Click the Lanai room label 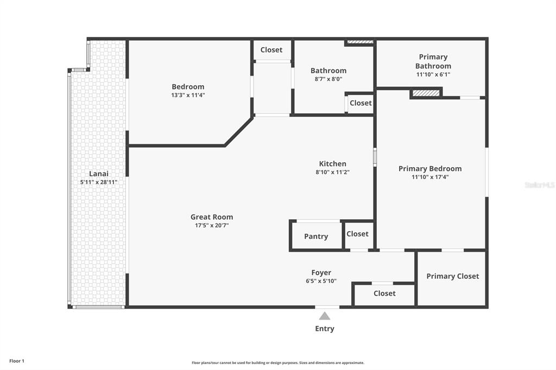click(x=99, y=174)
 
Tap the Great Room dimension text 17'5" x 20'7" click(x=211, y=225)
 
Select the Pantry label click(x=316, y=237)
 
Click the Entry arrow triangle click(x=324, y=316)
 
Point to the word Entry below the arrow click(x=325, y=329)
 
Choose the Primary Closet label click(x=452, y=276)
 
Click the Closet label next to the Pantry click(x=357, y=234)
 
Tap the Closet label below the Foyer click(x=384, y=294)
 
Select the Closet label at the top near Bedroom click(x=271, y=50)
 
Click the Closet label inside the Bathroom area click(x=361, y=103)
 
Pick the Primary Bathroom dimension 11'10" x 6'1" click(x=433, y=75)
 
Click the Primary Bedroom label click(x=430, y=169)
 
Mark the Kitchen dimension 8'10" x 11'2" click(x=332, y=172)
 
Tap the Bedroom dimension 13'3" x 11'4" click(x=188, y=95)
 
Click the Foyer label click(x=321, y=273)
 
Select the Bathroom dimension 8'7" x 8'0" click(x=328, y=79)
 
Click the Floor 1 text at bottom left click(x=17, y=361)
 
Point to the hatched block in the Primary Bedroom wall click(x=426, y=93)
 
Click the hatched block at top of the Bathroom click(x=360, y=42)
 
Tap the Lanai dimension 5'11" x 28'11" click(x=99, y=182)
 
